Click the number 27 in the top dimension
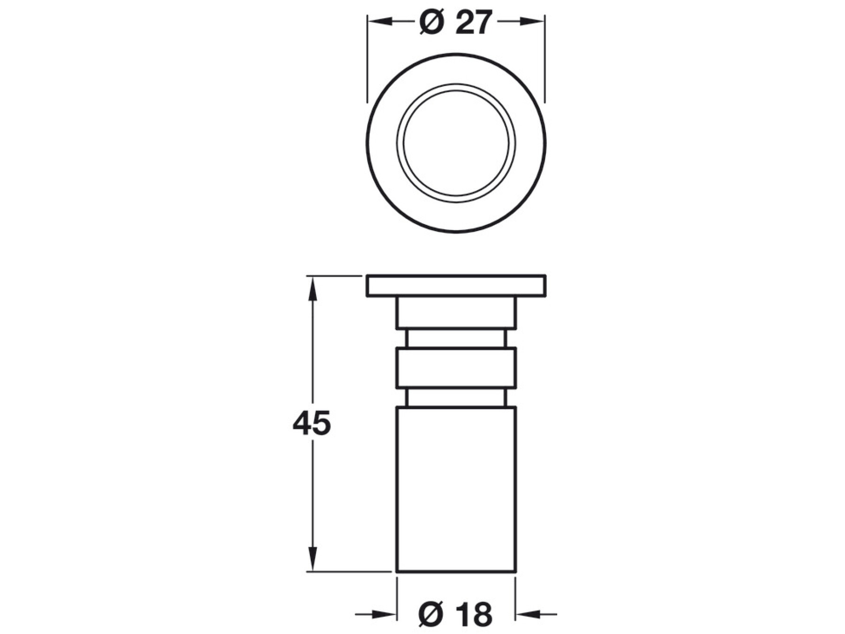(x=473, y=22)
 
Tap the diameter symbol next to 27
(x=431, y=22)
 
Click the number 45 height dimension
(x=312, y=424)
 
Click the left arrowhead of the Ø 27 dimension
(x=379, y=22)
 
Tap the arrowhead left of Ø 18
(x=384, y=614)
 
